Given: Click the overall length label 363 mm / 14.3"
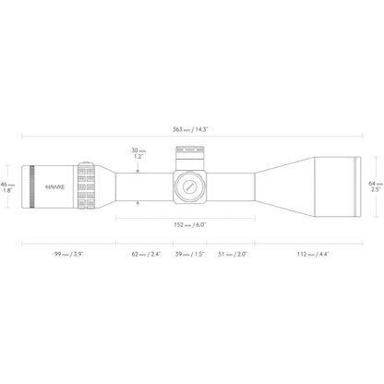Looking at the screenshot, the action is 190,129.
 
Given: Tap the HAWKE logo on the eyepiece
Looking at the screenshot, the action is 54,186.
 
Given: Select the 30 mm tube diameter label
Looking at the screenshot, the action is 138,150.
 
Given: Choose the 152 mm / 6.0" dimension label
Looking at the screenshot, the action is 190,225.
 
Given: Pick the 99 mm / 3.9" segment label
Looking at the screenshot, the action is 68,254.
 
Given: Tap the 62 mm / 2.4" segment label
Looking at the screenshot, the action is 147,254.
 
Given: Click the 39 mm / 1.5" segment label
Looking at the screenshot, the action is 190,254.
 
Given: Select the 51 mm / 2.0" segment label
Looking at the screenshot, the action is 233,254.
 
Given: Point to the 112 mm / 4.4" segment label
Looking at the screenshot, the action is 313,254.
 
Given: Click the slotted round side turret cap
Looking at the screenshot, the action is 189,186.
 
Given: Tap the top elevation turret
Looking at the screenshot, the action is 189,158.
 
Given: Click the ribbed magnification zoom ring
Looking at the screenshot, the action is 86,186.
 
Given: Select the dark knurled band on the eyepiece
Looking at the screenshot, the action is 31,186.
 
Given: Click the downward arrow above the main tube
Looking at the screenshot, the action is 138,168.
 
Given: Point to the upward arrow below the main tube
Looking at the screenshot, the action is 138,204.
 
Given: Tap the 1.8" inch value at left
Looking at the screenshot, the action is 7,190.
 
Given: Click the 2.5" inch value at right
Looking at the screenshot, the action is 376,189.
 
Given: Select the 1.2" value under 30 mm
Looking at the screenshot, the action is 138,157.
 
